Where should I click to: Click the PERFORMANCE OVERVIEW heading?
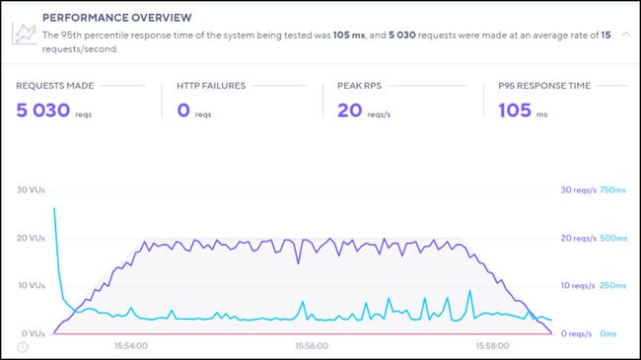117,17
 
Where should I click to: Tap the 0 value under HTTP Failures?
184,110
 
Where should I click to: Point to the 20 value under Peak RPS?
350,110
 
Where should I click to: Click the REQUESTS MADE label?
56,86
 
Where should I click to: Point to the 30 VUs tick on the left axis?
31,189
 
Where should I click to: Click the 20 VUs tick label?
31,238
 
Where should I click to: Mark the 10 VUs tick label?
31,286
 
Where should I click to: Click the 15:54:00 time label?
130,346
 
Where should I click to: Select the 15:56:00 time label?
311,346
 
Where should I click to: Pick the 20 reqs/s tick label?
579,238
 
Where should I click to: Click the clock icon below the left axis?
23,346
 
